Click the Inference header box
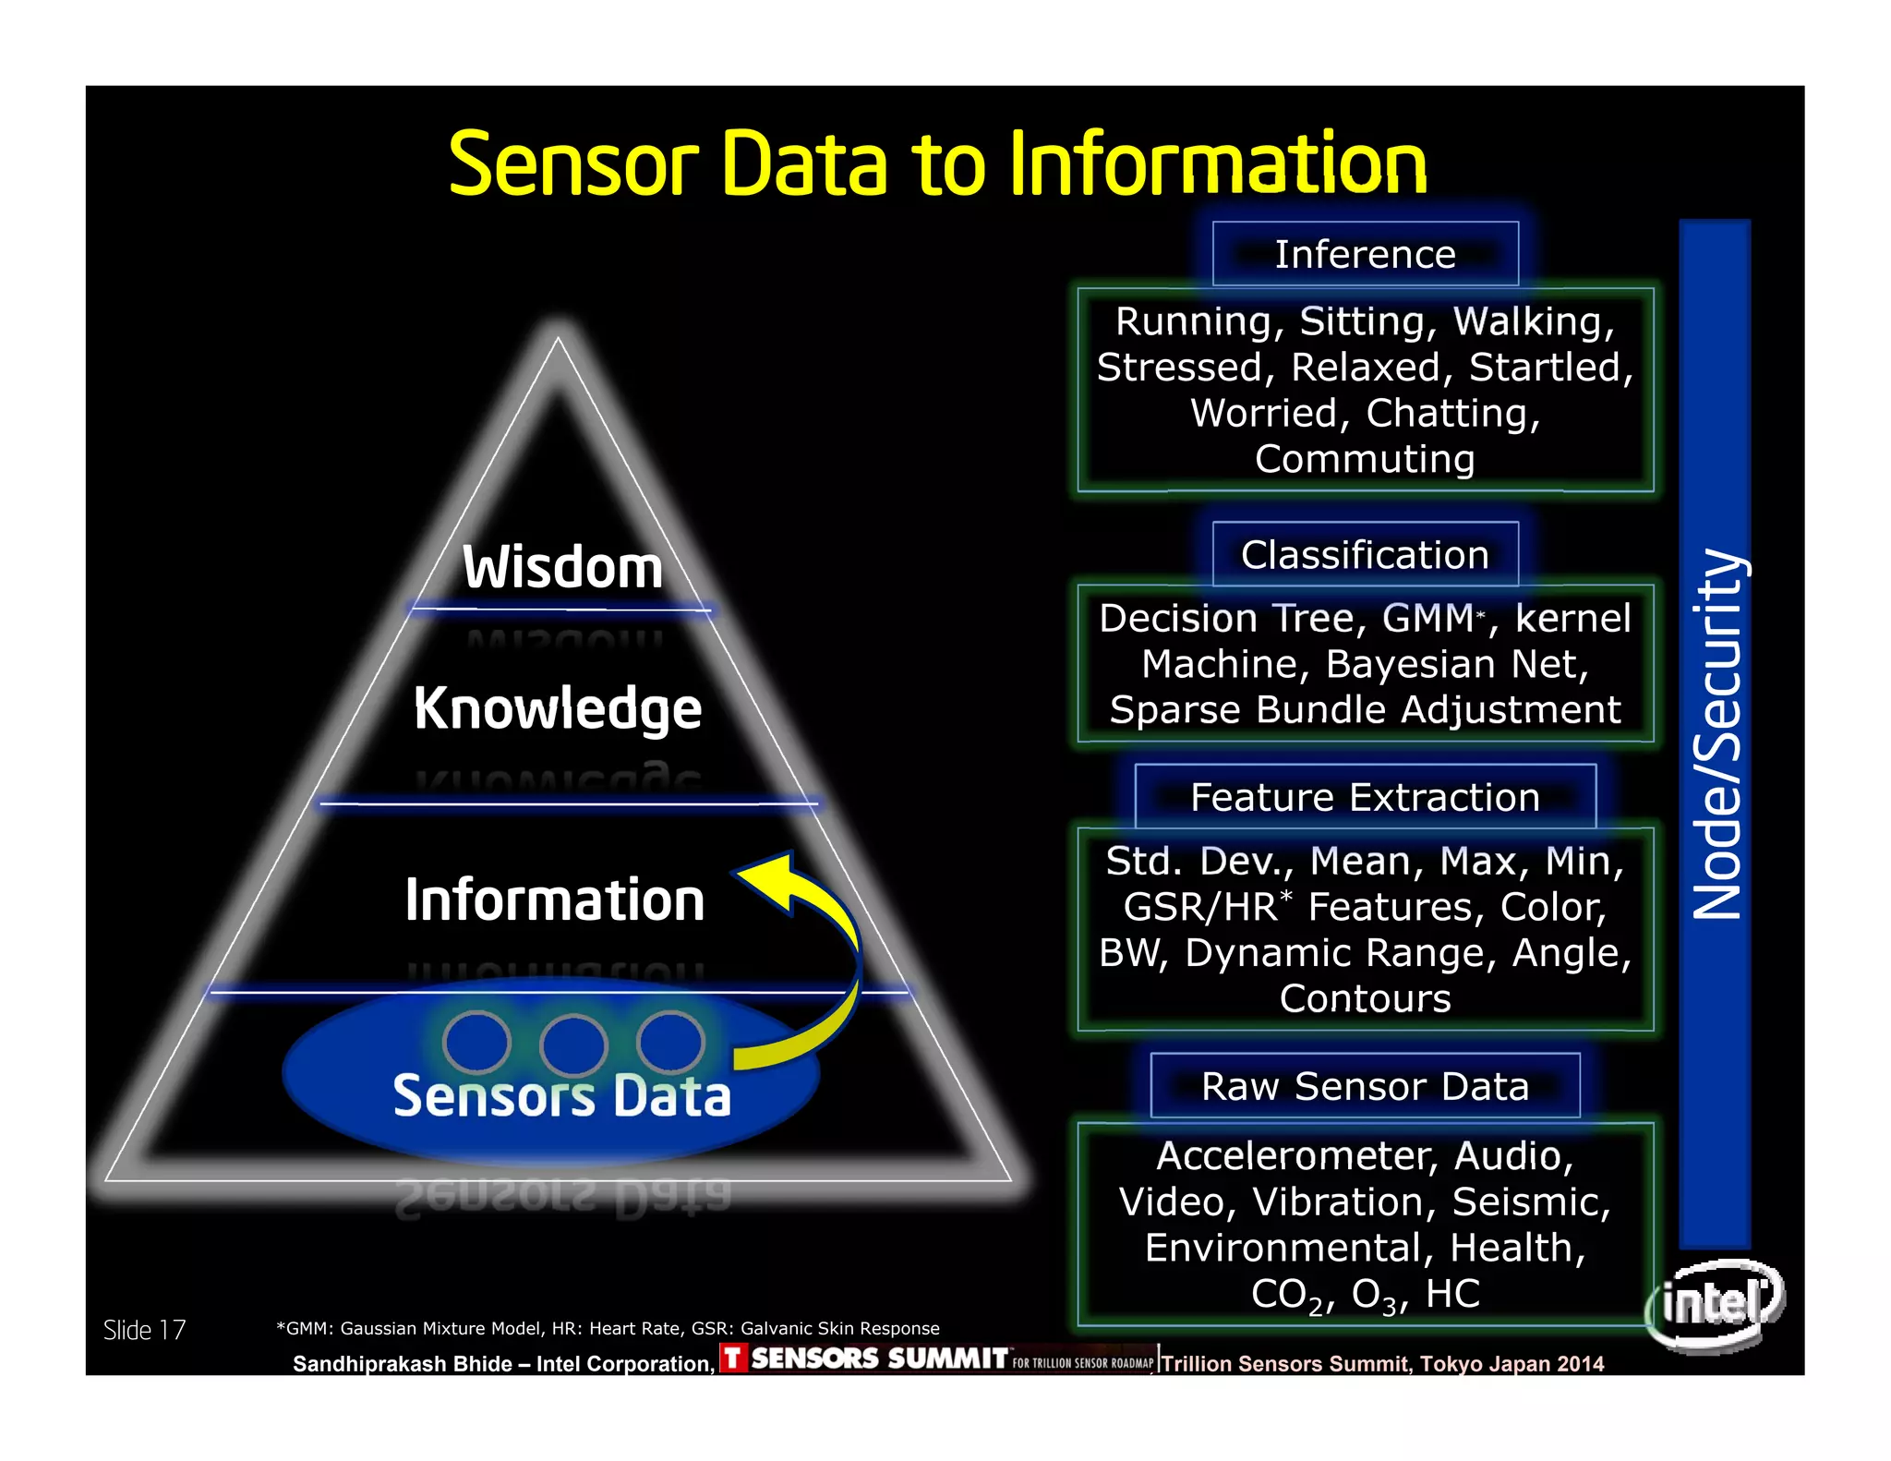[x=1365, y=254]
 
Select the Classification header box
[x=1365, y=555]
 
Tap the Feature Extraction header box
[x=1365, y=797]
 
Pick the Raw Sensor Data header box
[x=1365, y=1086]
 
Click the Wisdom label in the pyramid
[x=562, y=567]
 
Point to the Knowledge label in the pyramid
[x=558, y=708]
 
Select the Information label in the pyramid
[x=555, y=900]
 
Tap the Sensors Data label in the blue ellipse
[x=561, y=1096]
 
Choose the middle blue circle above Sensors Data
[x=573, y=1044]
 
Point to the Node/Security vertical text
[x=1716, y=734]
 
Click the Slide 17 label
[x=144, y=1330]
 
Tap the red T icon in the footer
[x=733, y=1358]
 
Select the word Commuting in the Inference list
[x=1365, y=459]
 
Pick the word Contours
[x=1365, y=998]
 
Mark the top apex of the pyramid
[x=558, y=338]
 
